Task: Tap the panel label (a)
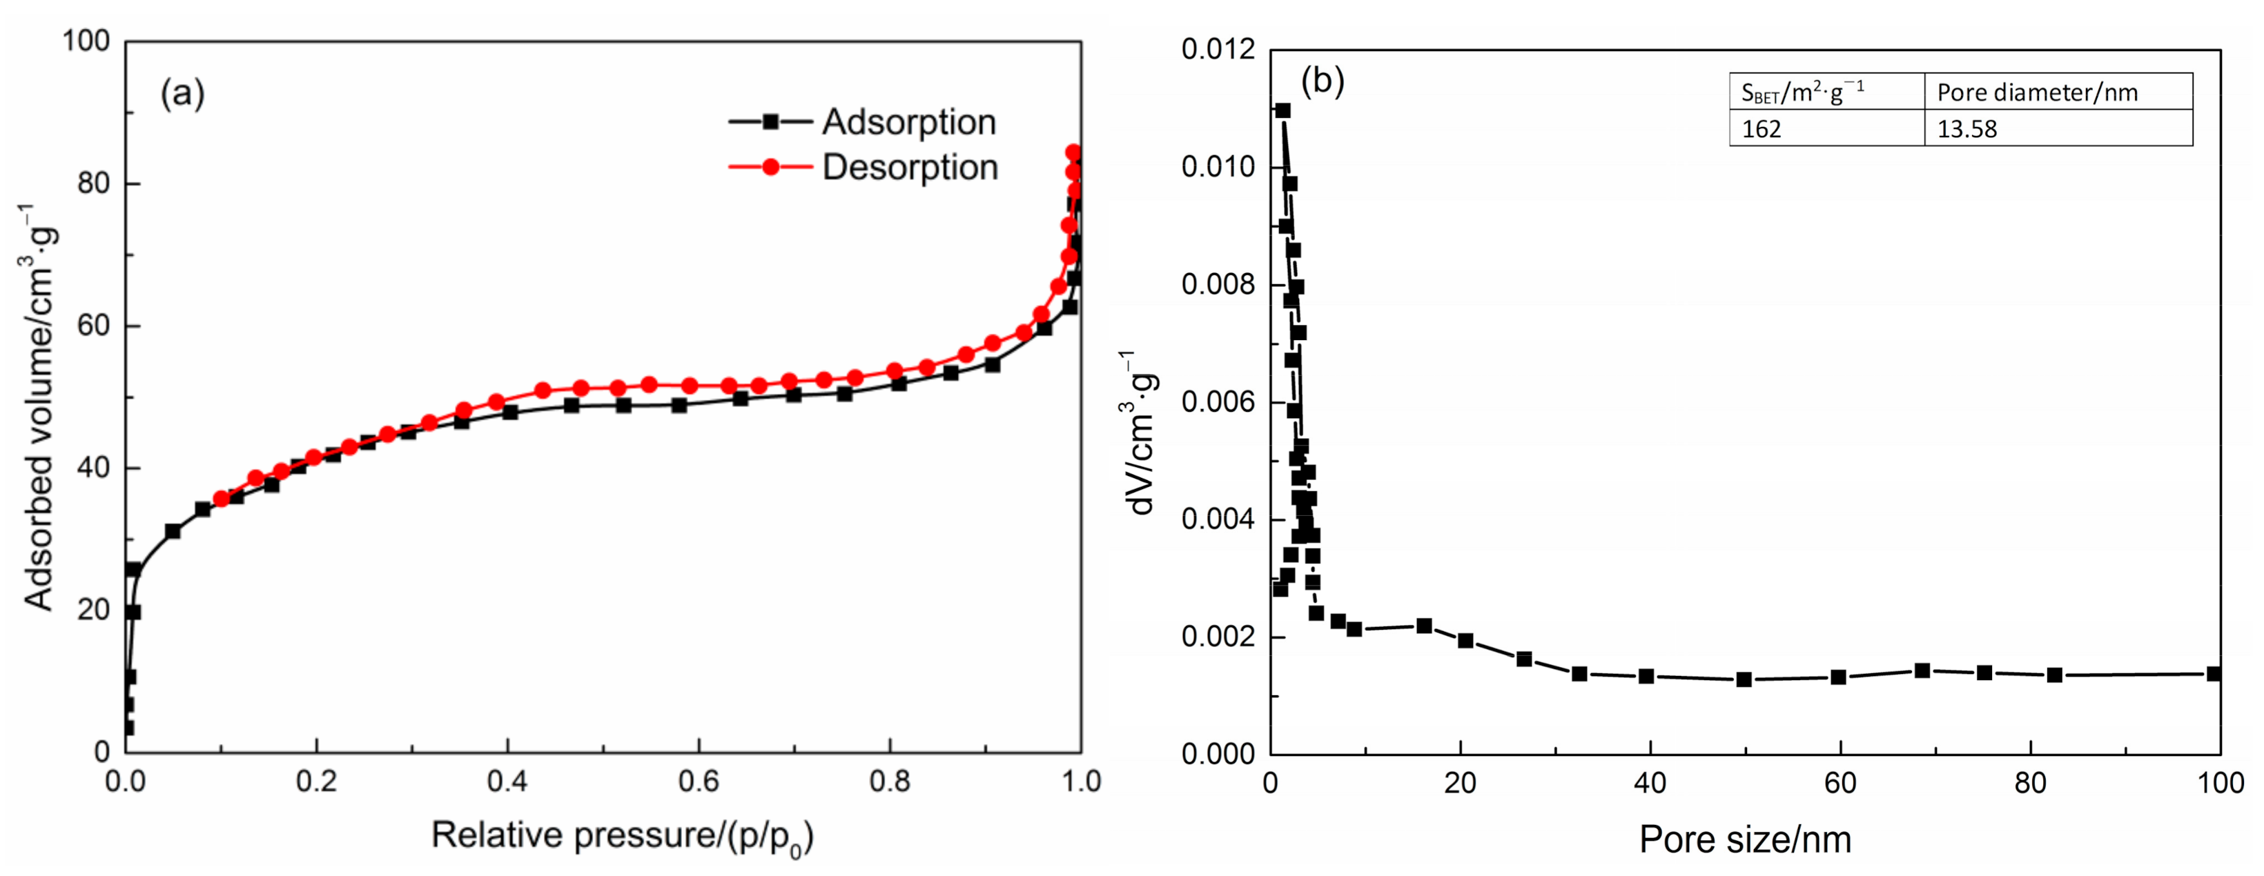pyautogui.click(x=182, y=92)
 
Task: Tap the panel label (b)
pyautogui.click(x=1322, y=81)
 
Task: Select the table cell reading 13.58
pyautogui.click(x=1967, y=129)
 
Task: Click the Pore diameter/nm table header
pyautogui.click(x=2036, y=92)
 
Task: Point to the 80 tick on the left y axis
pyautogui.click(x=92, y=183)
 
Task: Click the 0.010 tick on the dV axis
pyautogui.click(x=1218, y=167)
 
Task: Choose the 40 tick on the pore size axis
pyautogui.click(x=1650, y=782)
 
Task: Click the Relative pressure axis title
pyautogui.click(x=622, y=835)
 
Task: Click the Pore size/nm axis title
pyautogui.click(x=1744, y=839)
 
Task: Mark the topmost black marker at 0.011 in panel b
pyautogui.click(x=1282, y=111)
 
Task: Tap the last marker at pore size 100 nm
pyautogui.click(x=2214, y=674)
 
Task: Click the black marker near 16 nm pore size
pyautogui.click(x=1425, y=626)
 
